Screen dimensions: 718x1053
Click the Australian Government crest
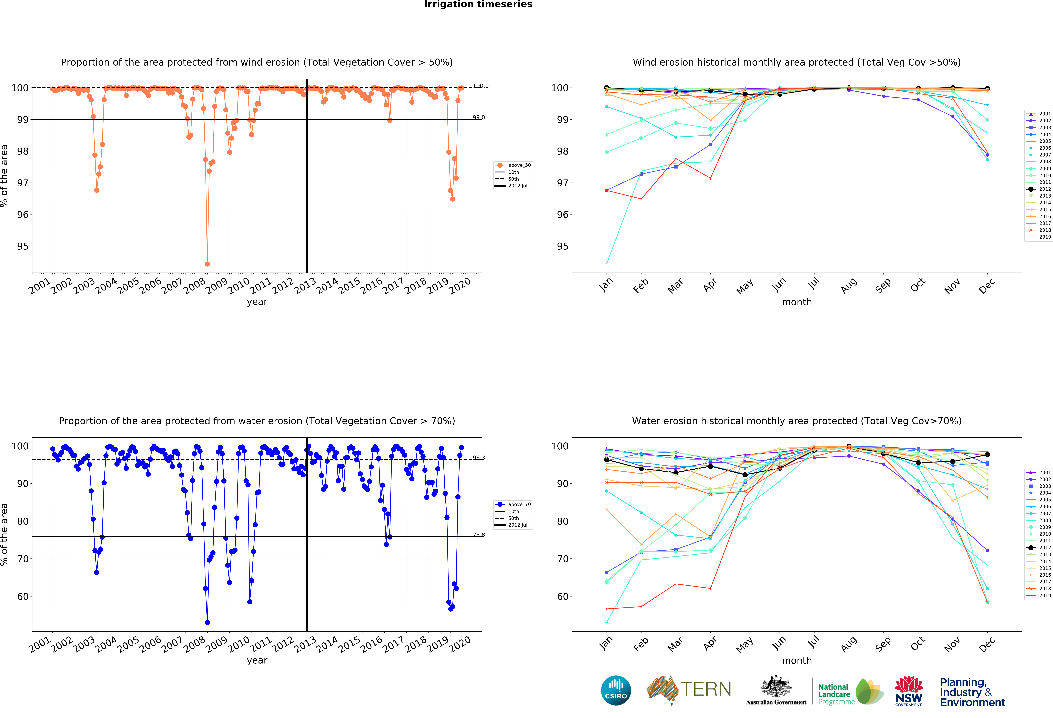[776, 687]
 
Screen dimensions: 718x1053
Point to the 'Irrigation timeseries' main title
[478, 4]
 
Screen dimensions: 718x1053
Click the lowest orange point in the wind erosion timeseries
[207, 264]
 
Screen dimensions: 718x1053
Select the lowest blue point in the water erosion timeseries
[207, 622]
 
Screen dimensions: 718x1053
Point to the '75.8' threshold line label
[478, 535]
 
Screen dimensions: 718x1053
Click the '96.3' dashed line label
[478, 458]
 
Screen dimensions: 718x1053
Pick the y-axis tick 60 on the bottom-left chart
[23, 596]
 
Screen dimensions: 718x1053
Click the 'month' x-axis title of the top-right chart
[797, 302]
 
